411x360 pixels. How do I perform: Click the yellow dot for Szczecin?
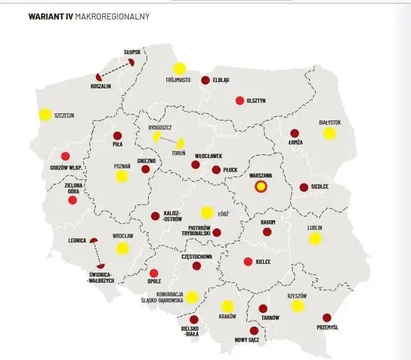tap(45, 114)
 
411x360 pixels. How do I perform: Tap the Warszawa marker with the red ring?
tap(261, 187)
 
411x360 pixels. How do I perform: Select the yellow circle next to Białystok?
tap(329, 133)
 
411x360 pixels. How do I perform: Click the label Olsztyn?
tap(256, 101)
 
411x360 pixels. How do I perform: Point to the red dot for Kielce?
tap(248, 262)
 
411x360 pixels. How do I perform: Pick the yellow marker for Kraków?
tap(227, 306)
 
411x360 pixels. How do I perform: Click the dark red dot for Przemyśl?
tap(327, 317)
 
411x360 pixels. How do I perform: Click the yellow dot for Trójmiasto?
tap(179, 69)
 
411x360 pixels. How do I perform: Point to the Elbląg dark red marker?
tap(205, 80)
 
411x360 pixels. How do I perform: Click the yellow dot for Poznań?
tap(121, 176)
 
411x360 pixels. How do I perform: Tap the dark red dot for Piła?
tap(117, 136)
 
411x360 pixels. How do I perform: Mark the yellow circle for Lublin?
tap(315, 238)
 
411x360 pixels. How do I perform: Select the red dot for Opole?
tap(154, 272)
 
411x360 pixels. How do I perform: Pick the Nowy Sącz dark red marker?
tap(254, 331)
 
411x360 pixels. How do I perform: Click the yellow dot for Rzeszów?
tap(298, 306)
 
